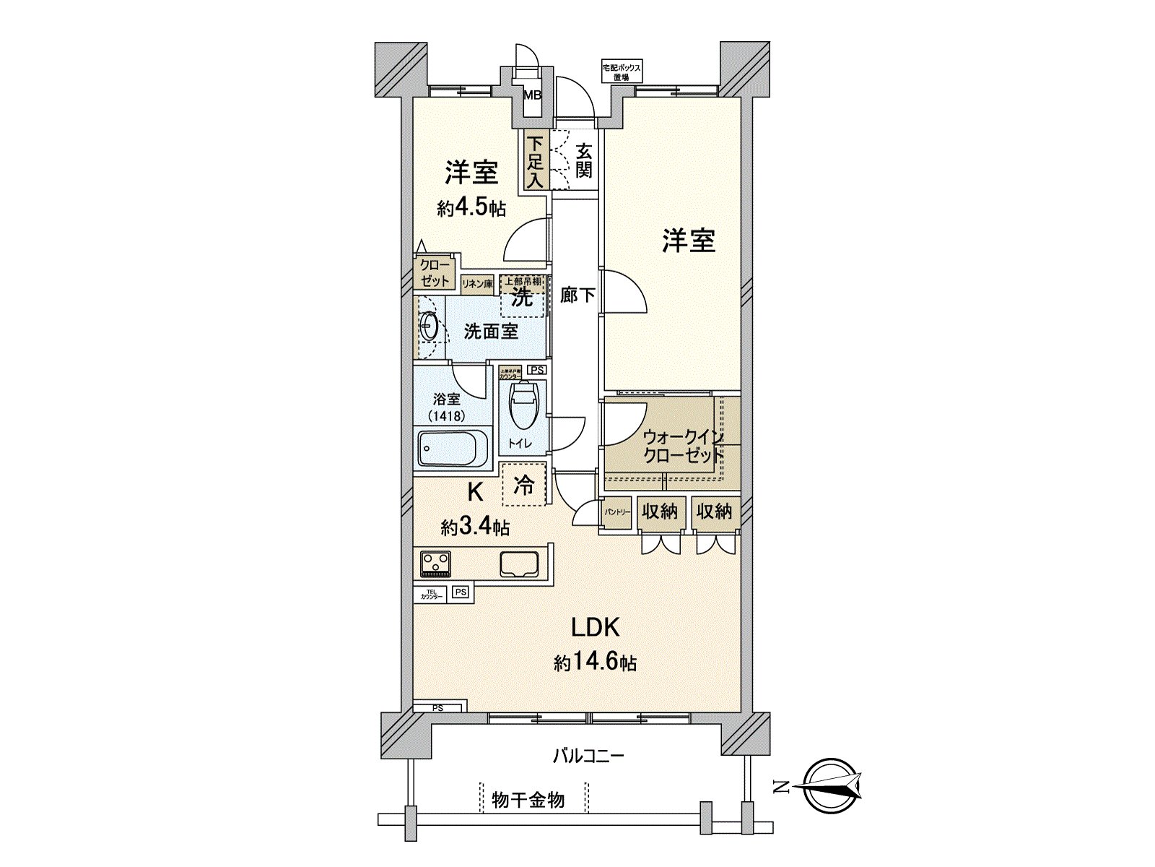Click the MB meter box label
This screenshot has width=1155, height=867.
point(532,95)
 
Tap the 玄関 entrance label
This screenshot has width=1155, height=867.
point(585,160)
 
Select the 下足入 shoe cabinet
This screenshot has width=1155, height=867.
point(534,162)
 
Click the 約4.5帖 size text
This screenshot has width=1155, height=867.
point(471,208)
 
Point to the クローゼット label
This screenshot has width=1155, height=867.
point(435,273)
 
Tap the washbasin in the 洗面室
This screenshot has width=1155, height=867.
point(429,327)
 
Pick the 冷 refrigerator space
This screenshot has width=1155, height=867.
point(524,484)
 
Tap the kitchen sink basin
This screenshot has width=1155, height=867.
point(519,564)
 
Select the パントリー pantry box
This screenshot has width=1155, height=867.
point(617,512)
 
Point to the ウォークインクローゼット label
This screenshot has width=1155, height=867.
point(682,447)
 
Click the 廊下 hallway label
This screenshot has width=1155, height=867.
point(577,295)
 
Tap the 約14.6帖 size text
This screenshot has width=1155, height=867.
point(595,662)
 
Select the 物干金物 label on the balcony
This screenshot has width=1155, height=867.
point(528,800)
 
